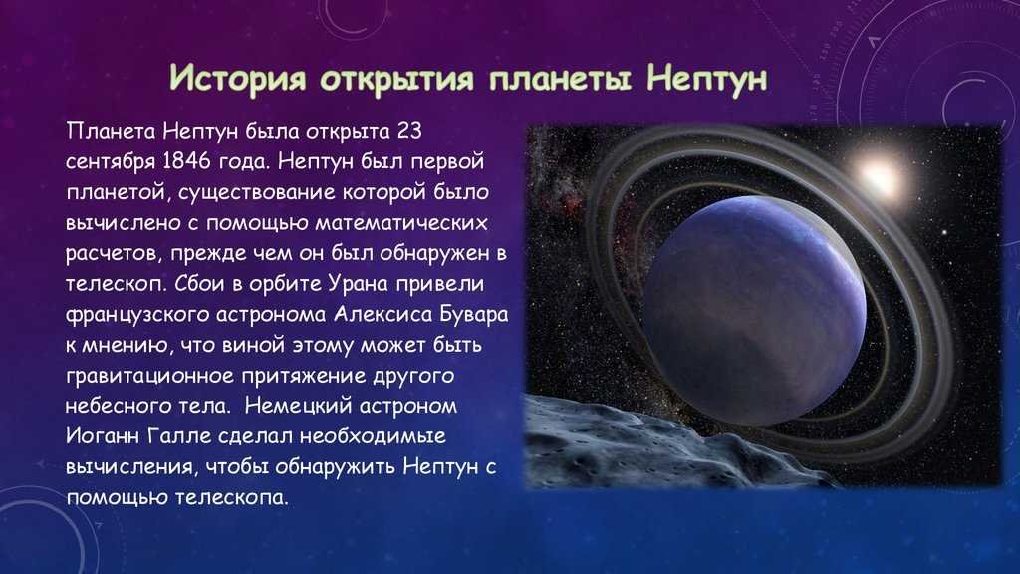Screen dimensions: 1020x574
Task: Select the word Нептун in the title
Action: pos(707,78)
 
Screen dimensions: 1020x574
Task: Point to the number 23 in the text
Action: pos(409,131)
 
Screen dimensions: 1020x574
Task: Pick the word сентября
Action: pos(111,162)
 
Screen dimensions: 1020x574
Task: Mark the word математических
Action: pos(401,222)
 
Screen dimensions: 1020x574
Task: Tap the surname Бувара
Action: pos(474,314)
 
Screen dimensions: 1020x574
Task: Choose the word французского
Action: pos(136,315)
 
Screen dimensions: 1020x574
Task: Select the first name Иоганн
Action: pos(104,436)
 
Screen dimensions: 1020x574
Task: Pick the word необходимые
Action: pos(373,436)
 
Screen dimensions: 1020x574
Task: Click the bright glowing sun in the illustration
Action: pos(880,177)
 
